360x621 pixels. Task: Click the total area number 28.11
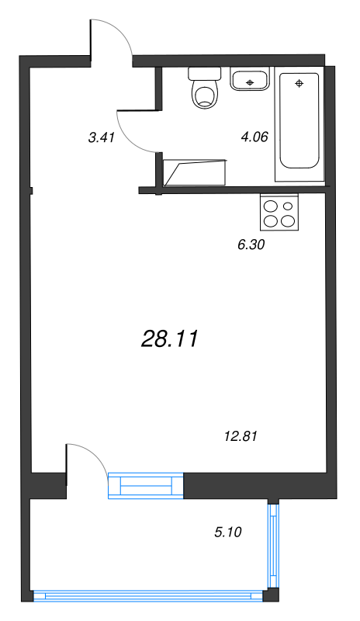pos(171,338)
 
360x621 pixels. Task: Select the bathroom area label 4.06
pos(254,137)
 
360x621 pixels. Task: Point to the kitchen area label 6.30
pos(251,244)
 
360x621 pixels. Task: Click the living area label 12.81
pos(239,436)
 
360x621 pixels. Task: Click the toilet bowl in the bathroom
pos(206,96)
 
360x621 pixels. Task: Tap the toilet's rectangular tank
pos(206,75)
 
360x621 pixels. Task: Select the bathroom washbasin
pos(250,79)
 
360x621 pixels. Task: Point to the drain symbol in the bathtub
pos(299,82)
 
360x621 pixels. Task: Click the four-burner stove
pos(279,213)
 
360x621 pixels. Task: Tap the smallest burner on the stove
pos(289,206)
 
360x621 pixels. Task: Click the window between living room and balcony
pos(146,485)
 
